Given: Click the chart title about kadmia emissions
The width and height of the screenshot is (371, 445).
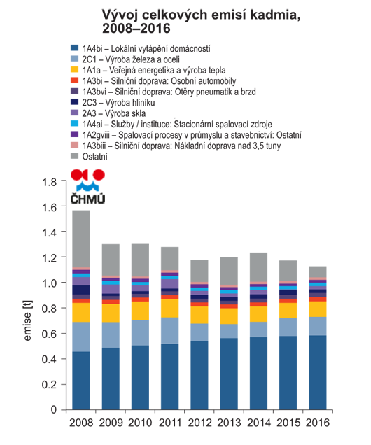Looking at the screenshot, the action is point(201,22).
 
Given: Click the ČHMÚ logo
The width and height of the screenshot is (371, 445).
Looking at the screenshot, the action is point(87,186).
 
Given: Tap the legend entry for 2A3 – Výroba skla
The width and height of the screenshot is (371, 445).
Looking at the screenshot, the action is point(108,113).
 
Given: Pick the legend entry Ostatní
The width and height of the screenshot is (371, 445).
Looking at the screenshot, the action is point(89,156).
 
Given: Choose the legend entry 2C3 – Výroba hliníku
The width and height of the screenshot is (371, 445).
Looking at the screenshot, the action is point(113,102).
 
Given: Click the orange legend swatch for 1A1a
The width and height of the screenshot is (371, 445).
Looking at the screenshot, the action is point(74,69).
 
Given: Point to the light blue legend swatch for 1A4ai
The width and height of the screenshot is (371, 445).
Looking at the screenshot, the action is point(74,123).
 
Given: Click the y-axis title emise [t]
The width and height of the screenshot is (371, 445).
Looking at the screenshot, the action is point(27,320).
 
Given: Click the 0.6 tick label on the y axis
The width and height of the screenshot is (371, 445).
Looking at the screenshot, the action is point(50,334).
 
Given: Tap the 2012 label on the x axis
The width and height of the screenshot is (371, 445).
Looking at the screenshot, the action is point(199,423).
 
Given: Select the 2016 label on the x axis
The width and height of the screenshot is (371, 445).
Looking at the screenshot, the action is point(318,423).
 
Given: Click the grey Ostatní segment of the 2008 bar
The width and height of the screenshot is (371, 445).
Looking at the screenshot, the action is point(81,239).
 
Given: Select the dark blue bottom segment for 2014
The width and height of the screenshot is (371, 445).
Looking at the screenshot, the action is point(258,373).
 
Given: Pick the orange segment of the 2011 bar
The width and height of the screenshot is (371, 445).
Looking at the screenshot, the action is point(169,308).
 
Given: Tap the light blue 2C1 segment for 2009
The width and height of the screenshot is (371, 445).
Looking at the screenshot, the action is point(111,335).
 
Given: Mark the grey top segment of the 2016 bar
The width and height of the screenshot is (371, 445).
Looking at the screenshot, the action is point(318,271).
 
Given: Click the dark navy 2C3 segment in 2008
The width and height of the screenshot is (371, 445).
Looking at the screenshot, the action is point(81,290).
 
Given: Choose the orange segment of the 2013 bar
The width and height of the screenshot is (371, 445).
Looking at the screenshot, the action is point(229,316).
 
